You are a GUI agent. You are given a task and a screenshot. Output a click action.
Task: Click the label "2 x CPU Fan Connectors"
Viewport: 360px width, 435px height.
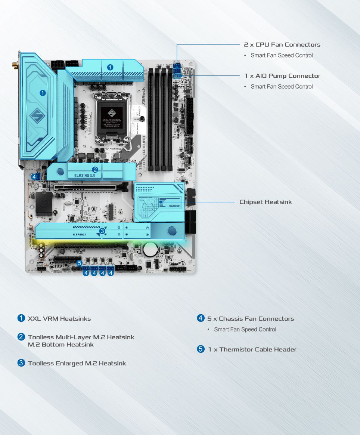282,44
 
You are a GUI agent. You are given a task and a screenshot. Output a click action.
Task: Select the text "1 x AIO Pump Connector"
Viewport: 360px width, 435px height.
282,76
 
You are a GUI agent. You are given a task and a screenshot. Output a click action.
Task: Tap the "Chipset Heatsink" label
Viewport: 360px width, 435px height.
266,202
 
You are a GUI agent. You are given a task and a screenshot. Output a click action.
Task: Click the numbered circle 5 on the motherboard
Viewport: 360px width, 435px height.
79,263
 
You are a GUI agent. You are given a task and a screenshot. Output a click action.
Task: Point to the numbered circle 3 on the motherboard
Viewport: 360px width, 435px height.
102,231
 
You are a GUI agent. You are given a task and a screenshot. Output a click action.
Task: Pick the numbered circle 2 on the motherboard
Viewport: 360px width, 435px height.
95,169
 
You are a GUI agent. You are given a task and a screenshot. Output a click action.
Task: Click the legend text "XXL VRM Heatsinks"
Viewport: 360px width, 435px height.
59,319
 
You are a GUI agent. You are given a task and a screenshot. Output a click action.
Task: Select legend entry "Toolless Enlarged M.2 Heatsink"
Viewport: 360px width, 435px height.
77,363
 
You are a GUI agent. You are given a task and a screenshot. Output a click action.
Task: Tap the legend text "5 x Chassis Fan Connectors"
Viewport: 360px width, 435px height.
251,319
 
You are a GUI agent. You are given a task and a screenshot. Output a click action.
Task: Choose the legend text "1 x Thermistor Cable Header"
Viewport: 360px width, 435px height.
252,350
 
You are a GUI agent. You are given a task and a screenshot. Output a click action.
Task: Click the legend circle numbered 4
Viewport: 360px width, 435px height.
201,318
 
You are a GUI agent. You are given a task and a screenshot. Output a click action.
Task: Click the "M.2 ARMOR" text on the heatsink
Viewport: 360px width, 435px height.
80,234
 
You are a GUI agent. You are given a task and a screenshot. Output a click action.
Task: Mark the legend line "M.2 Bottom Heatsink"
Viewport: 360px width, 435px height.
60,345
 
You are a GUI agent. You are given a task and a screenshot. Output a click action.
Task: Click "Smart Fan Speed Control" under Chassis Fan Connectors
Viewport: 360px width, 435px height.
245,330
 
